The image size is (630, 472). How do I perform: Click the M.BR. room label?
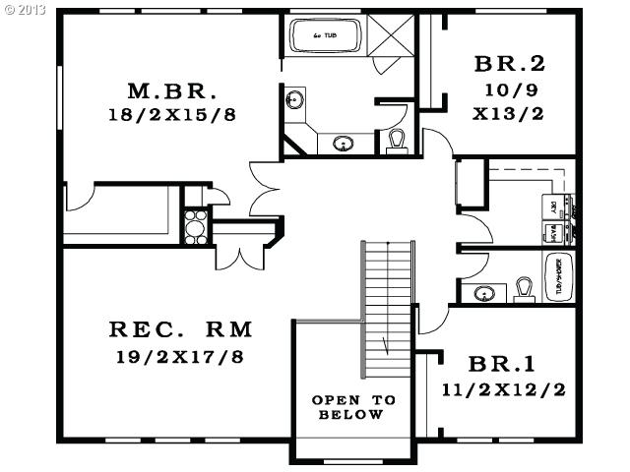coord(172,91)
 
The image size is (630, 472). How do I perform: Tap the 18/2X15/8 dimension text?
coord(172,114)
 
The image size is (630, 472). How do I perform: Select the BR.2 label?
coord(509,65)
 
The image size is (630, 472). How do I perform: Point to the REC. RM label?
coord(180,328)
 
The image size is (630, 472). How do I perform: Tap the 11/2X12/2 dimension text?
coord(504,388)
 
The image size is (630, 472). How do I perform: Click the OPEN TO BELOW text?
coord(353,407)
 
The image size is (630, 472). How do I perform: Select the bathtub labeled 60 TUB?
coord(326,36)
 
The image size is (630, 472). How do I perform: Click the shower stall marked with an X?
coord(396,38)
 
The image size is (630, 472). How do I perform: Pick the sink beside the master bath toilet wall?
coord(343,144)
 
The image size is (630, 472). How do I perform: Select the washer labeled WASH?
coord(553,232)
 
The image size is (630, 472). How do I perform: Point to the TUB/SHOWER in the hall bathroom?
coord(562,276)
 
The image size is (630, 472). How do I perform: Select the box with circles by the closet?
coord(195,225)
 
